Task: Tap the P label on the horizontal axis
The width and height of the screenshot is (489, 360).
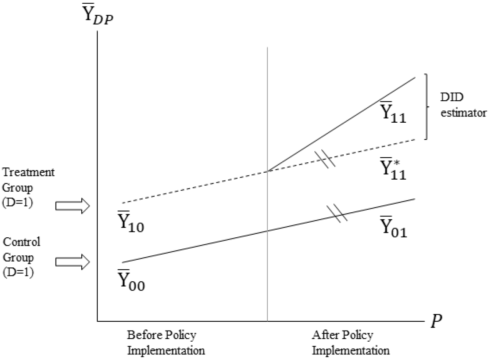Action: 436,321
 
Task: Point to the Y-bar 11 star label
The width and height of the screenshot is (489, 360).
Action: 393,168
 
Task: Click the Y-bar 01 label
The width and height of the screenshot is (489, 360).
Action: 393,226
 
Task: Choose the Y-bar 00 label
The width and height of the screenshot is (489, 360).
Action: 131,280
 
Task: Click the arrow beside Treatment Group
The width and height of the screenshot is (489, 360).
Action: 73,206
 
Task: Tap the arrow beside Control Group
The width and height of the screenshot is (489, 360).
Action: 73,262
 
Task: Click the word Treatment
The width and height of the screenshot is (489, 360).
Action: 28,173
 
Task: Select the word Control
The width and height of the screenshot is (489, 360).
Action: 22,242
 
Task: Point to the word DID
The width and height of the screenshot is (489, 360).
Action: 451,97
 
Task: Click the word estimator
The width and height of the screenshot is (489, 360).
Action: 463,113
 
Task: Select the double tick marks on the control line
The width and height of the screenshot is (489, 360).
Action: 337,214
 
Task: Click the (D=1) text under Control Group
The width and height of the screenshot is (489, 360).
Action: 18,272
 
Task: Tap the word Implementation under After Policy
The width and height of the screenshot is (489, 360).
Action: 351,351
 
